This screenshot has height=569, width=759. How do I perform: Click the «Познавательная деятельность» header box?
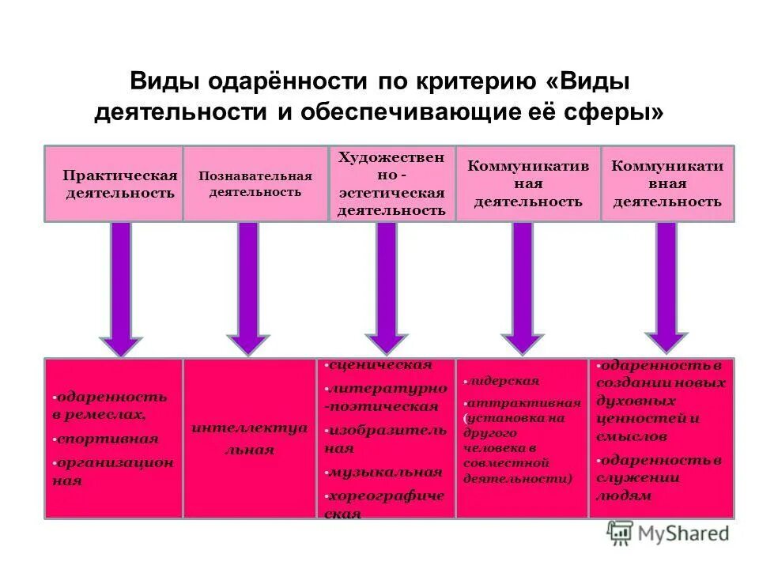[x=255, y=183]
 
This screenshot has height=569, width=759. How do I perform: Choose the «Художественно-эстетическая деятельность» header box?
[x=392, y=183]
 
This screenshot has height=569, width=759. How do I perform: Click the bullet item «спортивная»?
[x=107, y=439]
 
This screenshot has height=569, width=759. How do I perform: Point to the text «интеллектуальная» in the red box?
[x=249, y=439]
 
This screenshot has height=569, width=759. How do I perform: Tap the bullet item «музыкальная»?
[x=385, y=473]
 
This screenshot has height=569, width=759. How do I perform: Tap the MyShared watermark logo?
[x=668, y=533]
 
